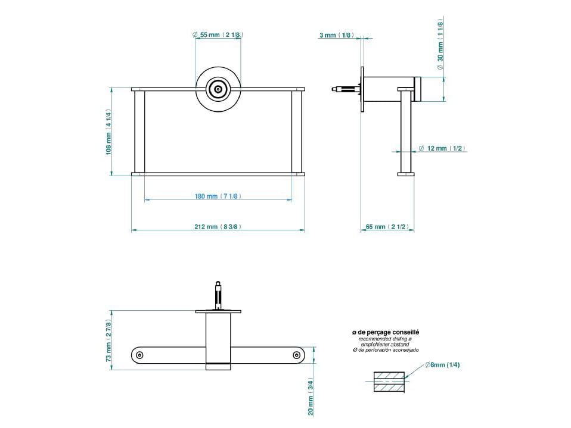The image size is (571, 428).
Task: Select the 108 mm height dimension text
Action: click(109, 132)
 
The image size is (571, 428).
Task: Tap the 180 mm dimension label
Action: click(218, 196)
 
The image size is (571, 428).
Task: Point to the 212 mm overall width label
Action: click(218, 227)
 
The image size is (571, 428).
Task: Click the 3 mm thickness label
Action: click(336, 36)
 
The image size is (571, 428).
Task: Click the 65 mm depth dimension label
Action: click(387, 227)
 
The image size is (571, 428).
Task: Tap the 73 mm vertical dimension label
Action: click(109, 341)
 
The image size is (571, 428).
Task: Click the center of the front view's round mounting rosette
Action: click(218, 89)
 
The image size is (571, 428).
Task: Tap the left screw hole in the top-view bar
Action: click(139, 355)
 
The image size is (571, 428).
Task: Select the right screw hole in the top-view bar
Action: click(296, 355)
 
